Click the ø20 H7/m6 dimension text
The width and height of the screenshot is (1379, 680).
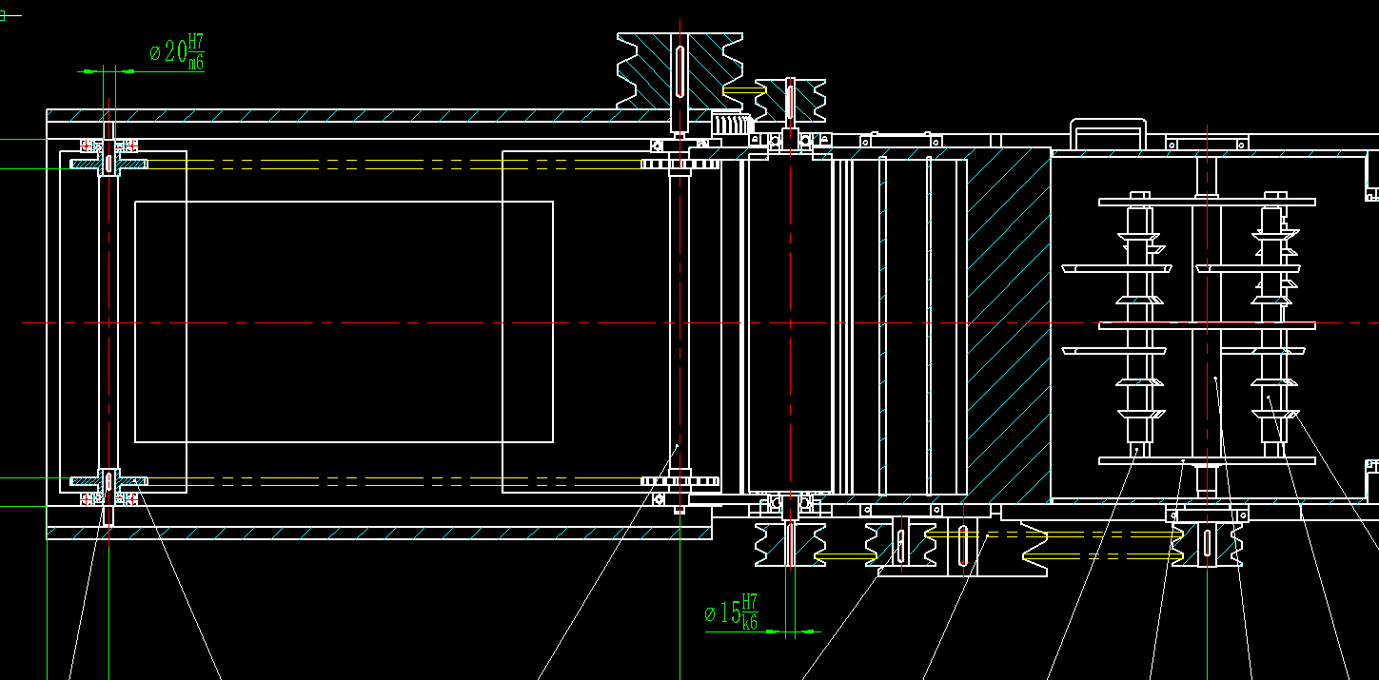[x=177, y=52]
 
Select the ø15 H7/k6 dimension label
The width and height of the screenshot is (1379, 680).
[x=731, y=612]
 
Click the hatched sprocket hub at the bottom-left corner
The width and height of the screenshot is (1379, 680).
[x=108, y=481]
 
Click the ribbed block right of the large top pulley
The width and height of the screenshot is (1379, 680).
[x=732, y=123]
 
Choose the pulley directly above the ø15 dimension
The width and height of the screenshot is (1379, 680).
[x=790, y=542]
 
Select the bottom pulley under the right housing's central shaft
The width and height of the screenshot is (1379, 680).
[x=1207, y=542]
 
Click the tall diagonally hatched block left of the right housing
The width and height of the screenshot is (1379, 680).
[x=1009, y=323]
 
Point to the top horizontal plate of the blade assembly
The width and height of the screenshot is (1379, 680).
[x=1207, y=203]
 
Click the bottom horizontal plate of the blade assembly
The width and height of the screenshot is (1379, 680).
[x=1207, y=461]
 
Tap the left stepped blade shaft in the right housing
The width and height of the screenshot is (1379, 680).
[x=1138, y=323]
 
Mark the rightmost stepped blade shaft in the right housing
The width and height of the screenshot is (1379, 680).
[x=1273, y=323]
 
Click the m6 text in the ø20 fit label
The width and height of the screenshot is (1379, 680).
[x=195, y=65]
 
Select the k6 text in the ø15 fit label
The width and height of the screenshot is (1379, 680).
[x=750, y=624]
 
